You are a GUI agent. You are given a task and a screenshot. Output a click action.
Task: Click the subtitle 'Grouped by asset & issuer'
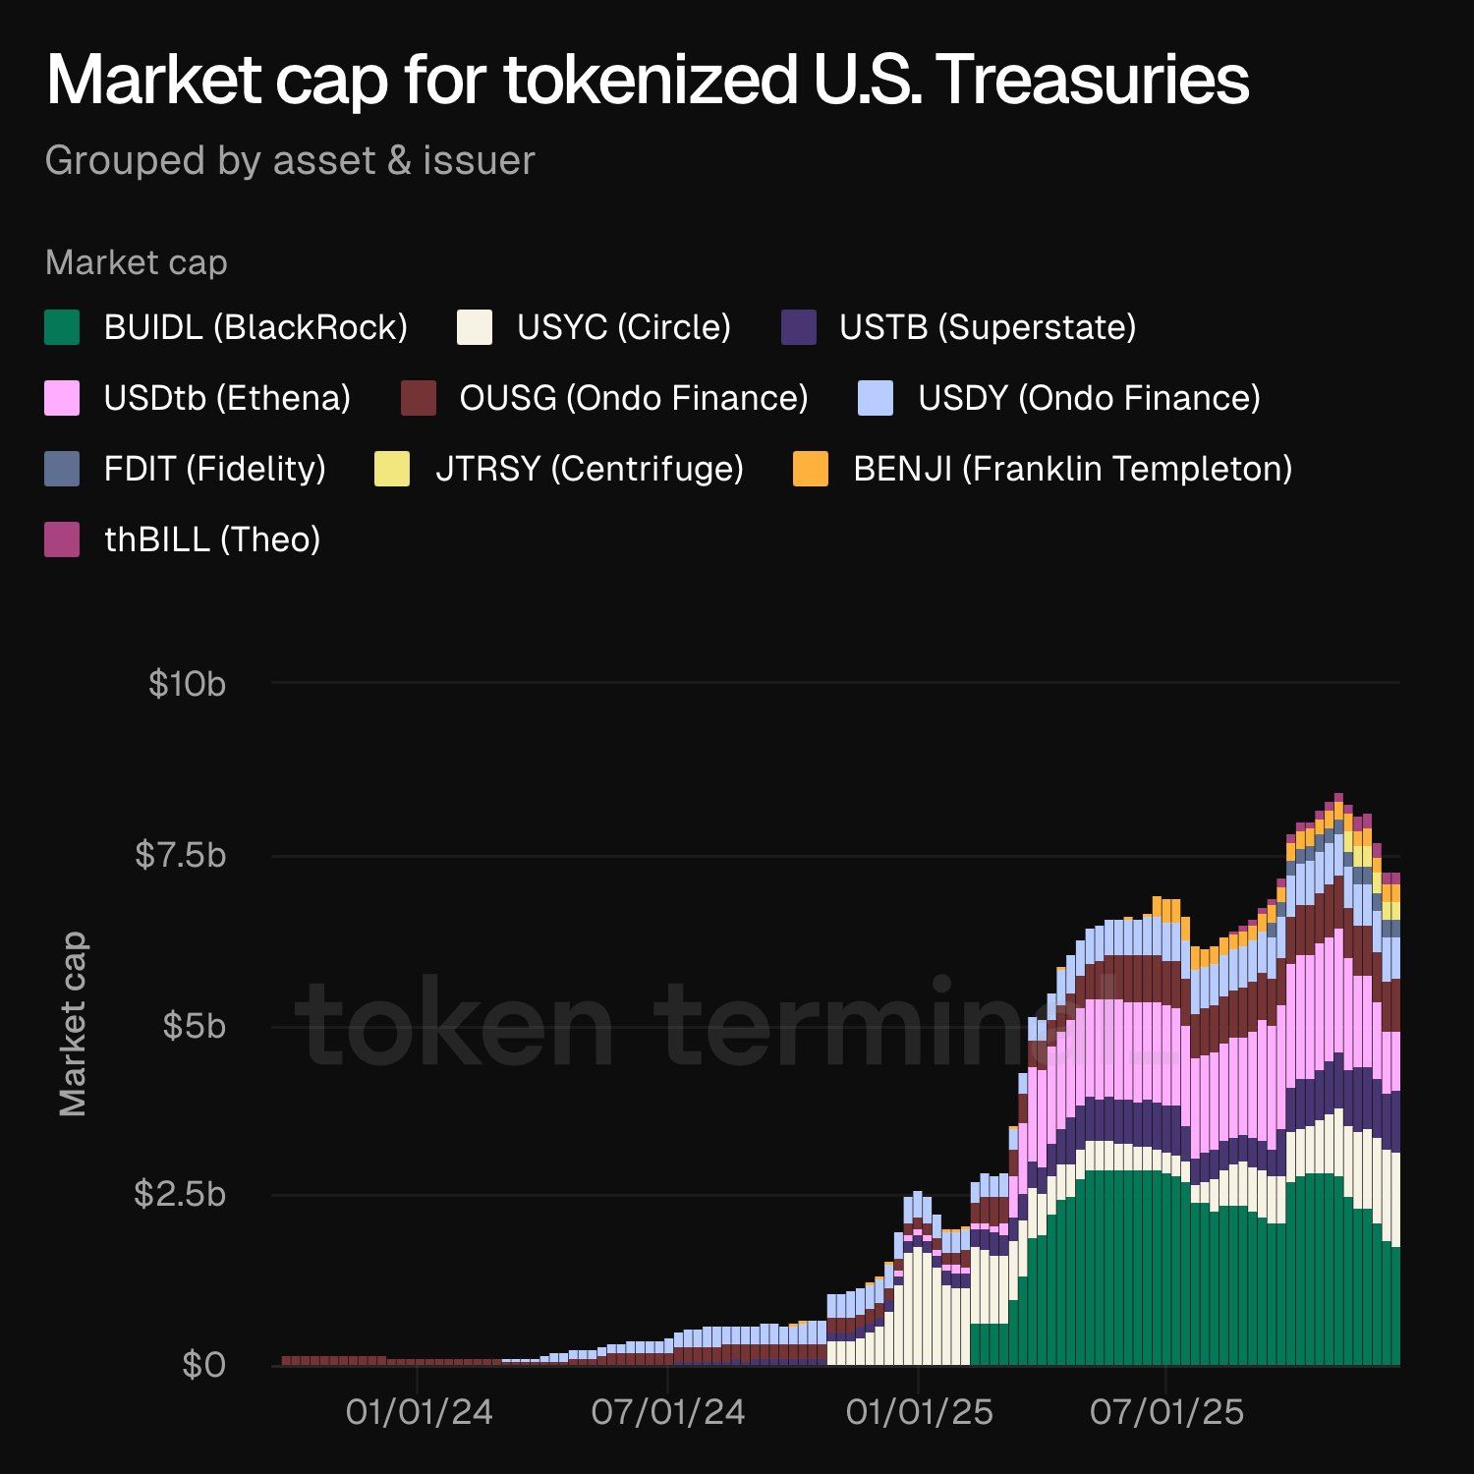click(x=290, y=160)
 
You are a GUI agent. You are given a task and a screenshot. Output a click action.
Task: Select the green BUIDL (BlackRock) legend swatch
click(x=62, y=327)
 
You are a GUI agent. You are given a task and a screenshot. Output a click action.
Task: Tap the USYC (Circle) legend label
click(x=624, y=327)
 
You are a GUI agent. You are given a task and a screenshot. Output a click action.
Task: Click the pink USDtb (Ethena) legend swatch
click(x=62, y=398)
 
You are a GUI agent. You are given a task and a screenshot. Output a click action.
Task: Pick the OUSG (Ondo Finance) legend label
click(x=634, y=398)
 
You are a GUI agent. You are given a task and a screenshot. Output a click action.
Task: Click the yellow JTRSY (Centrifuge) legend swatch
click(x=392, y=469)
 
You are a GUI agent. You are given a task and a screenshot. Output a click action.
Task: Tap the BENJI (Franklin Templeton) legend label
click(x=1072, y=469)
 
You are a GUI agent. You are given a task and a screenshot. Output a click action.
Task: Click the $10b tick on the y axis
click(x=187, y=683)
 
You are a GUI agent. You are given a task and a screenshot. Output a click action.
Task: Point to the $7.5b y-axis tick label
click(x=181, y=855)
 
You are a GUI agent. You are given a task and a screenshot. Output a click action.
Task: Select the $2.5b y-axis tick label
click(x=181, y=1194)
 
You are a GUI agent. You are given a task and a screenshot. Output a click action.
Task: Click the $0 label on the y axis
click(x=203, y=1365)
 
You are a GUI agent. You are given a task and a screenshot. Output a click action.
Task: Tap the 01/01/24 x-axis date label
click(x=419, y=1412)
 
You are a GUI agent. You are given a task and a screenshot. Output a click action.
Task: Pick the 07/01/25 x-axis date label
click(x=1166, y=1412)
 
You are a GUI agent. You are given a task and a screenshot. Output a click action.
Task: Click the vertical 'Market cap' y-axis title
click(x=73, y=1024)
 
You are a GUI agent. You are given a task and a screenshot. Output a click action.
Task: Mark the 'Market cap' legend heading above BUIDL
click(x=137, y=262)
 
